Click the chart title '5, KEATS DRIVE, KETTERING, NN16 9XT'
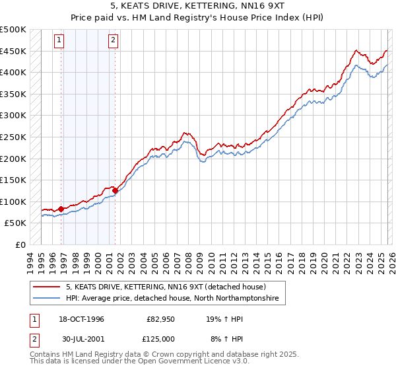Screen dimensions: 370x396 (x=198, y=6)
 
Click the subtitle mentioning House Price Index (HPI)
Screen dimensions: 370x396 (x=198, y=18)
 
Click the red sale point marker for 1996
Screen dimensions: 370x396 (x=61, y=209)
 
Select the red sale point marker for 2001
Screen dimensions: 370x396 (x=115, y=191)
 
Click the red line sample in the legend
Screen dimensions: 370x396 (x=48, y=287)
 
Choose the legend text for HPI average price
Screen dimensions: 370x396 (x=172, y=299)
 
